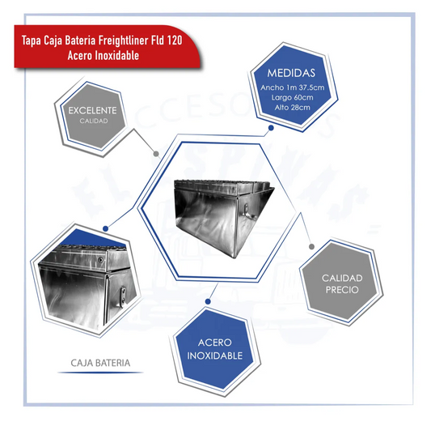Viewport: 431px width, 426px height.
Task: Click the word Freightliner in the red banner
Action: click(x=123, y=40)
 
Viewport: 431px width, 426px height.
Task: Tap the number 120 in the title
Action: click(x=174, y=40)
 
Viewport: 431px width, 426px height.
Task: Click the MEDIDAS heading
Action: click(x=291, y=73)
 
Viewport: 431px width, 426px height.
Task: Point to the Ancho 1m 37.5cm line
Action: click(x=293, y=87)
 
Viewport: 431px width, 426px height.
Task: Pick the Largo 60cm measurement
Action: click(x=292, y=97)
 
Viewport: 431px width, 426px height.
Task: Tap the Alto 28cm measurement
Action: click(x=292, y=108)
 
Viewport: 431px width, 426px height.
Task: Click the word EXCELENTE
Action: click(x=93, y=110)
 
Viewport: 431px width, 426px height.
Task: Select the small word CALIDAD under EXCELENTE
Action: click(x=94, y=121)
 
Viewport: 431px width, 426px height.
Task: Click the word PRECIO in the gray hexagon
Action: click(x=342, y=290)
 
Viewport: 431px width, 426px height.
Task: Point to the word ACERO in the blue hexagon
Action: click(x=214, y=343)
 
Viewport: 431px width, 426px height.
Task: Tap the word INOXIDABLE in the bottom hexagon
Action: click(x=214, y=356)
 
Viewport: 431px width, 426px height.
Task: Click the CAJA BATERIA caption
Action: click(x=100, y=363)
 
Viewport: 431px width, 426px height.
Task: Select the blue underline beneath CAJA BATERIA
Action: click(x=100, y=373)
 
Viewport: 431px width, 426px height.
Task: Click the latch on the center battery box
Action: click(x=247, y=211)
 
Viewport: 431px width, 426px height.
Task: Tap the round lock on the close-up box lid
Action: click(x=101, y=260)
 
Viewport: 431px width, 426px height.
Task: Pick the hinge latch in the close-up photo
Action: click(x=124, y=296)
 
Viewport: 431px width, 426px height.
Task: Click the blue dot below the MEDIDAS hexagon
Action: click(x=271, y=128)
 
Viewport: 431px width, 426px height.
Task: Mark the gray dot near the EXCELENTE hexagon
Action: click(x=156, y=154)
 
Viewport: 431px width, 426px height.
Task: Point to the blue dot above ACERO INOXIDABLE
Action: click(x=208, y=301)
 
